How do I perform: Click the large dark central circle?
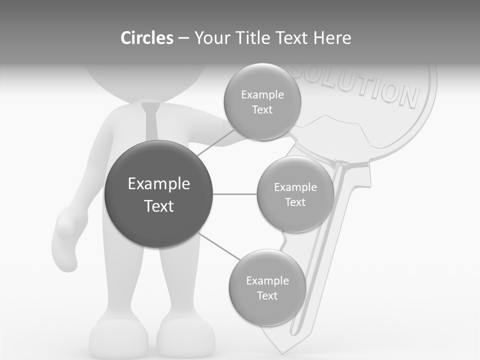[x=159, y=194]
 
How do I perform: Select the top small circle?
[x=262, y=101]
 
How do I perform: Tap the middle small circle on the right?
[x=295, y=194]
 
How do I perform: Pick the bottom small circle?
[x=267, y=287]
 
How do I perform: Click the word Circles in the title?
[x=146, y=38]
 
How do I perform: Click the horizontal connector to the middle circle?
[x=235, y=194]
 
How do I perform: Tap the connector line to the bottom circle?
[x=218, y=246]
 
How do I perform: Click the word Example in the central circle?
[x=159, y=184]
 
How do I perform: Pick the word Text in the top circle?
[x=262, y=109]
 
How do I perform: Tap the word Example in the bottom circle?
[x=267, y=280]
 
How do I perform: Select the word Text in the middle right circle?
[x=295, y=202]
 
